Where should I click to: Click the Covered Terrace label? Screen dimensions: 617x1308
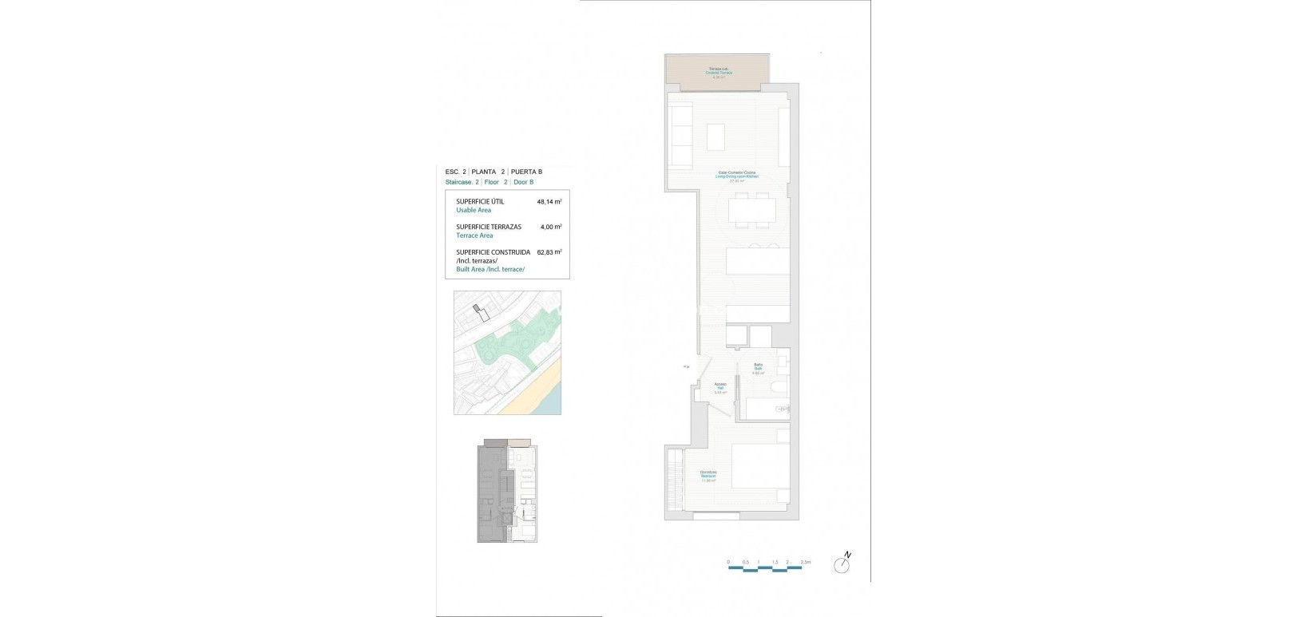[718, 73]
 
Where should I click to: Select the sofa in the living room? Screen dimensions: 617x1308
[681, 135]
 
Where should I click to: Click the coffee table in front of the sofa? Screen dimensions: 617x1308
[716, 136]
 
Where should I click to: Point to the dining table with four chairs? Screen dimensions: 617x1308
[751, 210]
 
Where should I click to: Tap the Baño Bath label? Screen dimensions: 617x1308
[759, 368]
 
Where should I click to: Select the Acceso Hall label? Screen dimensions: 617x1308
[719, 388]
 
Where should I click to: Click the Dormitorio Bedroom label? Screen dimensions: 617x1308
[708, 477]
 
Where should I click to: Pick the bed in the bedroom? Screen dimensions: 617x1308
[760, 465]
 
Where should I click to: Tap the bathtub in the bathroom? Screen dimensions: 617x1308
[767, 410]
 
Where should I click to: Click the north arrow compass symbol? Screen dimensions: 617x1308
[842, 564]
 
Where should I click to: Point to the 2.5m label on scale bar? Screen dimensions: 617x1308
[805, 563]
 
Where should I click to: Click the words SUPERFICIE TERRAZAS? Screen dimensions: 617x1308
[488, 227]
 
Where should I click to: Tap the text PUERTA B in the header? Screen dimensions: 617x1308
[527, 172]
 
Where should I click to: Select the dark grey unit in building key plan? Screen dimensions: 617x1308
[488, 495]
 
